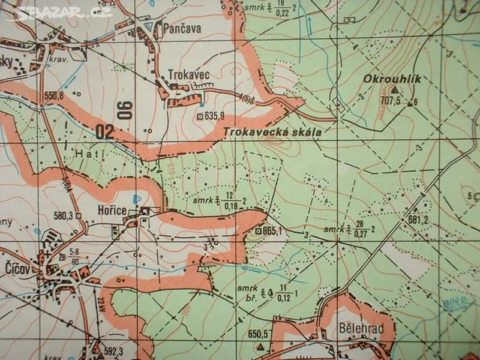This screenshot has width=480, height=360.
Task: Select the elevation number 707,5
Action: pos(390,101)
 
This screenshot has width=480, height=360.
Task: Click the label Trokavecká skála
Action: pos(272,132)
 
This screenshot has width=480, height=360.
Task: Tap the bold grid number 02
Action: pos(104,132)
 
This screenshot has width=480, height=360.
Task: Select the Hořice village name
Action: pos(112,211)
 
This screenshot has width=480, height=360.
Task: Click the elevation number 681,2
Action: pos(419,220)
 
